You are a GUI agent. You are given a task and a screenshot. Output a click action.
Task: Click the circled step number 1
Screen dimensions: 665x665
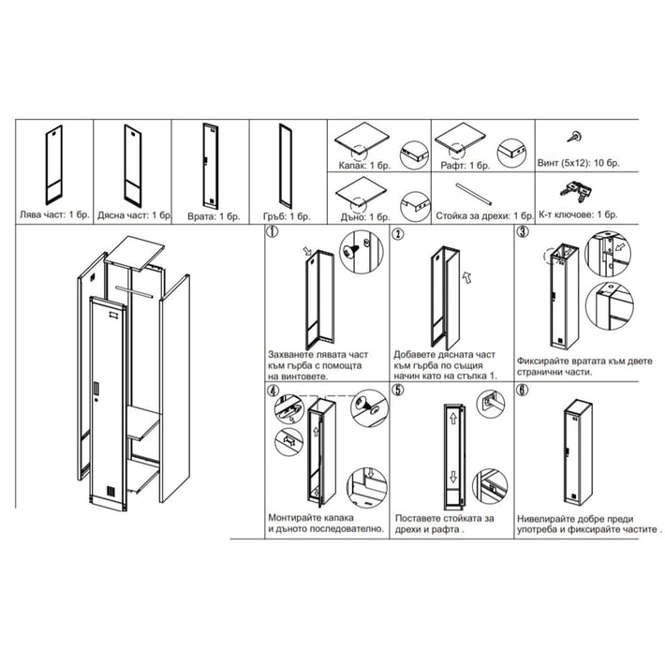[x=273, y=233]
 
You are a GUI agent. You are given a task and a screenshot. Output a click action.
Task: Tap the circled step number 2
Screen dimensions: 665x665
[x=398, y=233]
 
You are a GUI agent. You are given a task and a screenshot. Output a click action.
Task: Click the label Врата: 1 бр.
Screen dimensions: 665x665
[x=207, y=214]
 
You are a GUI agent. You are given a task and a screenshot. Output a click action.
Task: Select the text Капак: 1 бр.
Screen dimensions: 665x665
[x=362, y=166]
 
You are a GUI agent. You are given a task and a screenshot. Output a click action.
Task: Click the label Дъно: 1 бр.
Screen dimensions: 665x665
[x=362, y=215]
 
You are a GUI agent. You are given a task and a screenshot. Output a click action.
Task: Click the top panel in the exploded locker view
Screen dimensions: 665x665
[x=141, y=251]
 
